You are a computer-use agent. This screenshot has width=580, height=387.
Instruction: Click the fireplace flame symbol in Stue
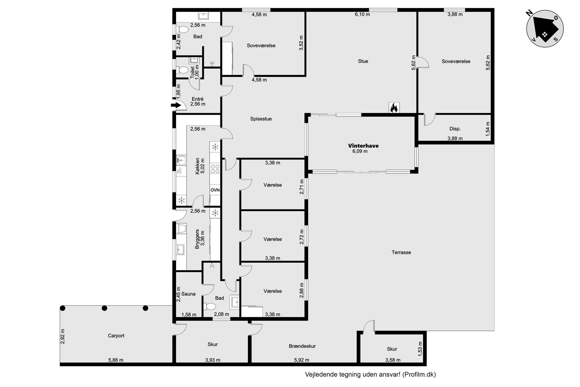394,108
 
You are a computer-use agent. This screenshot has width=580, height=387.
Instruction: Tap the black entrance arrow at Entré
176,105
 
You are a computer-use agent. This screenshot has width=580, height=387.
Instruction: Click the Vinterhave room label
363,146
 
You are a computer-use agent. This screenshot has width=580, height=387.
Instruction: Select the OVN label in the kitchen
215,190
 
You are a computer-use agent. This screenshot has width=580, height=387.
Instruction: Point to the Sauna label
188,294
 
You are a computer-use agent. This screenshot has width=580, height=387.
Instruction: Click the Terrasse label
401,252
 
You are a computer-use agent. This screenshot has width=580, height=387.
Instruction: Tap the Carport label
116,336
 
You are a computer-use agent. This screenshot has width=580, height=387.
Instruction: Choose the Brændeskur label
302,346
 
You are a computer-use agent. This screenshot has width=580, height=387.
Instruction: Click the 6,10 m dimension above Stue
362,14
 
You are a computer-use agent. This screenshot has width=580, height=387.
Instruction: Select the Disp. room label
455,129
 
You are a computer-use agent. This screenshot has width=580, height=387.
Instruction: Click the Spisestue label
261,119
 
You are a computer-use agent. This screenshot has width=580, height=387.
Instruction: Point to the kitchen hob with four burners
215,169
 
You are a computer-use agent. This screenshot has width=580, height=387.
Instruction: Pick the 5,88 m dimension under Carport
116,360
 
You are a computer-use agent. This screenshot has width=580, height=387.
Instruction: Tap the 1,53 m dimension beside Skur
420,349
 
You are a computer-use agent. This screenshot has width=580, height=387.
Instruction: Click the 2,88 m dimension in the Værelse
302,290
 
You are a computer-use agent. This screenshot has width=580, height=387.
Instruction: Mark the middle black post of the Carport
104,308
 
